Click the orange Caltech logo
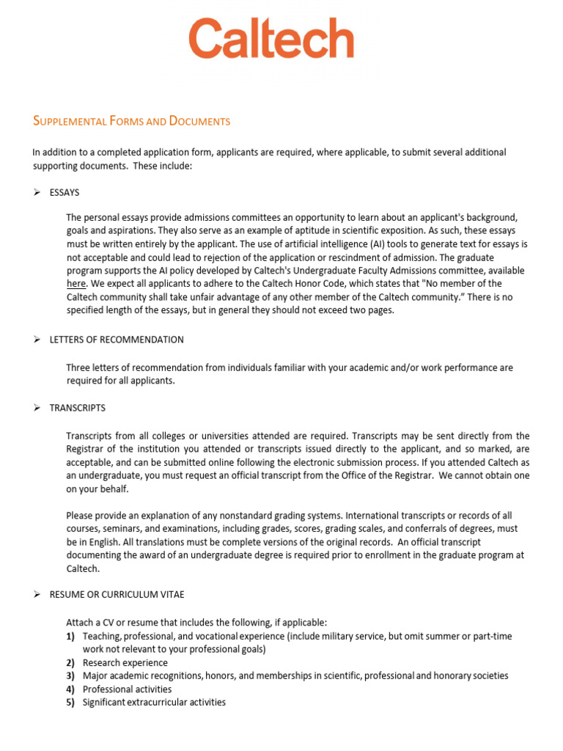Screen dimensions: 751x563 coord(271,39)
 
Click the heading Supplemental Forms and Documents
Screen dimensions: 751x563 coord(132,121)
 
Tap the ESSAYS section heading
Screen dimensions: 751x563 coord(65,192)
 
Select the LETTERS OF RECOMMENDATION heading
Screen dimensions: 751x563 coord(117,340)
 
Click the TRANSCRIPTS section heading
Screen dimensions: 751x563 coord(77,408)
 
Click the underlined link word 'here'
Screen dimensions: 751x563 coord(76,284)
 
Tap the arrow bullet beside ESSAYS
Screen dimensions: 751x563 coord(37,192)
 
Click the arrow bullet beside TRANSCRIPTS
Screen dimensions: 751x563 coord(37,408)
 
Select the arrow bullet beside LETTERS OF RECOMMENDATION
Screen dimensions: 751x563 coord(37,340)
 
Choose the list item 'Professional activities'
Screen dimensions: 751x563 coord(127,689)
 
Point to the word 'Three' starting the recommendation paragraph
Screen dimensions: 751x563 coord(78,367)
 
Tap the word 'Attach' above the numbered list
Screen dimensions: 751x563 coord(80,622)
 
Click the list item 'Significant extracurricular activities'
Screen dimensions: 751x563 coord(154,703)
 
